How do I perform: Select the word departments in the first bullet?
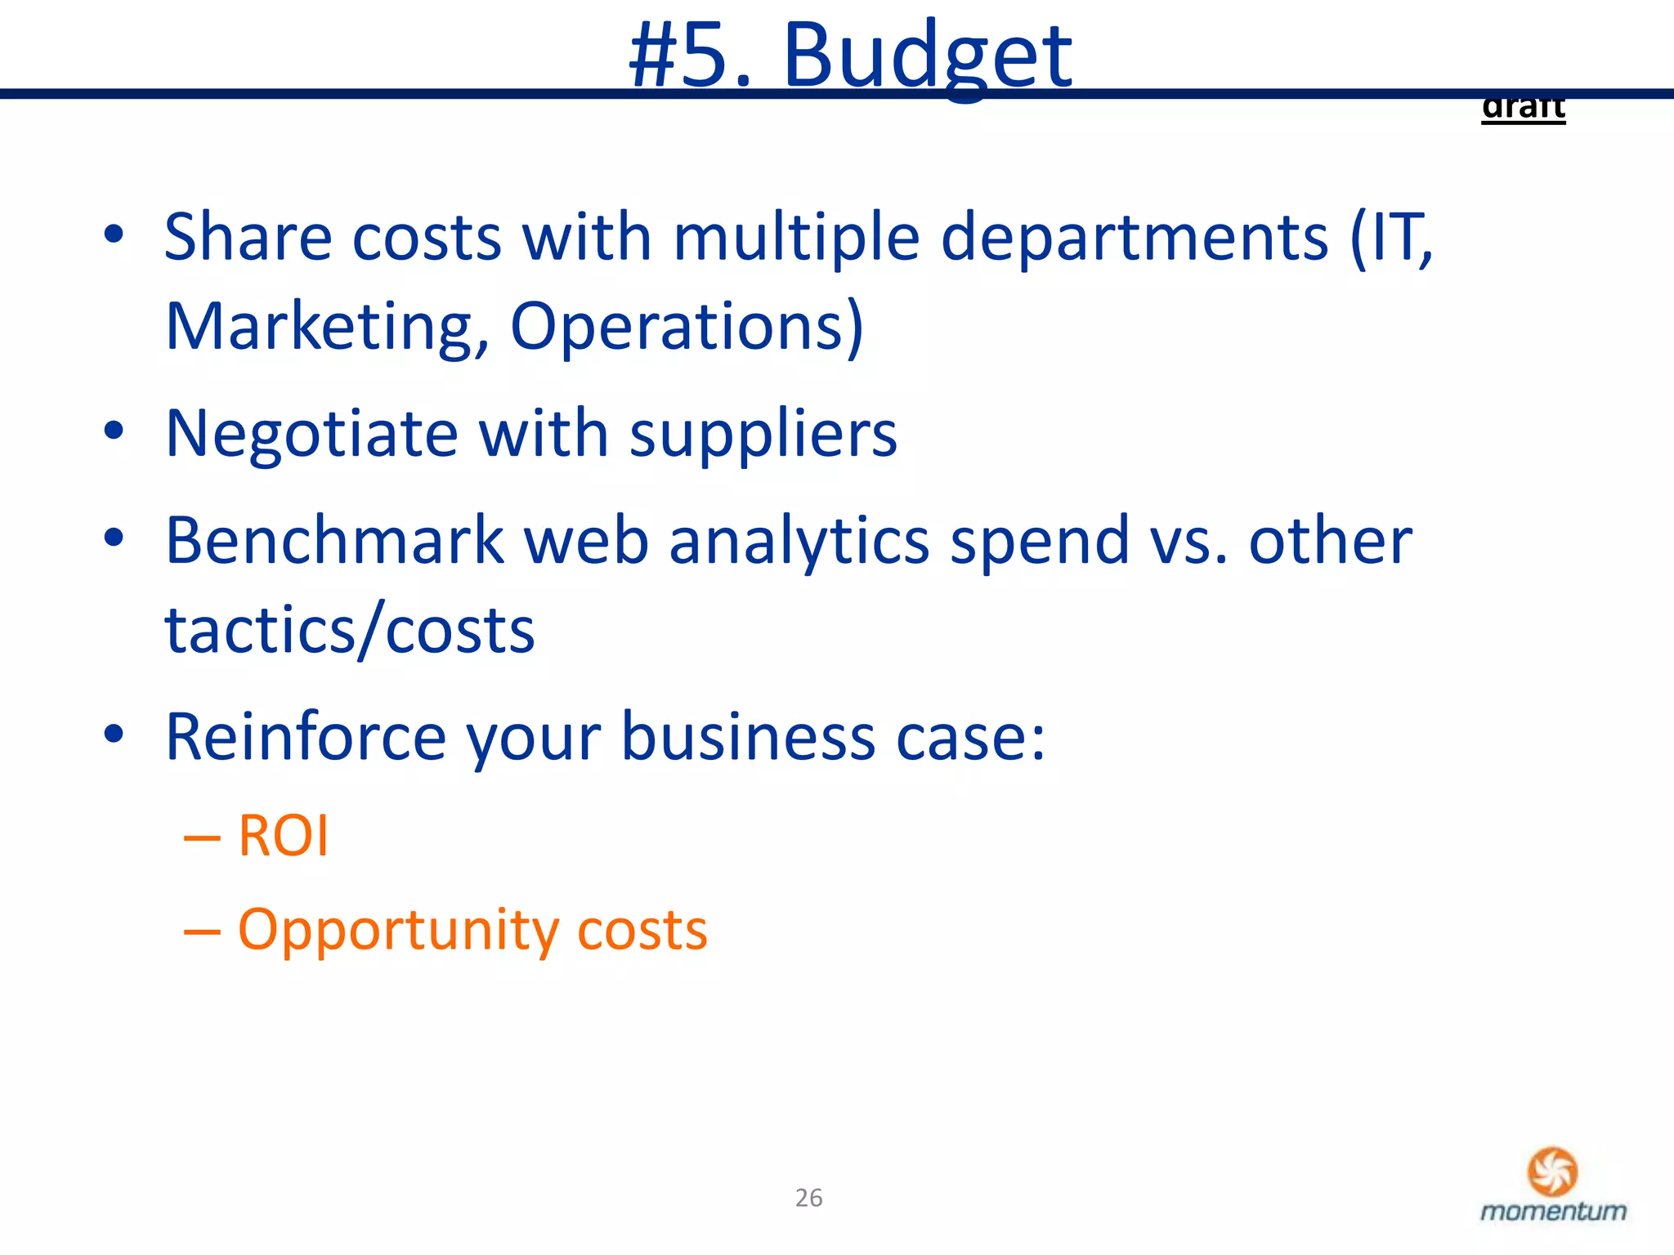tap(1135, 238)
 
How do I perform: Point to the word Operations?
tap(687, 327)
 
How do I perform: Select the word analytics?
tap(799, 543)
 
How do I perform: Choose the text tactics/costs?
tap(350, 631)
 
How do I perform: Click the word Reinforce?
tap(306, 737)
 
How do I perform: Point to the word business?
tap(749, 737)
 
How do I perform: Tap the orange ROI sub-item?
tap(283, 836)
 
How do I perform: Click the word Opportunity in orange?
tap(397, 931)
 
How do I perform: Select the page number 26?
tap(808, 1198)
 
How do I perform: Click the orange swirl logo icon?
tap(1552, 1171)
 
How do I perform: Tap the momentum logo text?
tap(1553, 1211)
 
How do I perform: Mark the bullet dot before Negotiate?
tap(114, 431)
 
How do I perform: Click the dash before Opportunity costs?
tap(202, 931)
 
